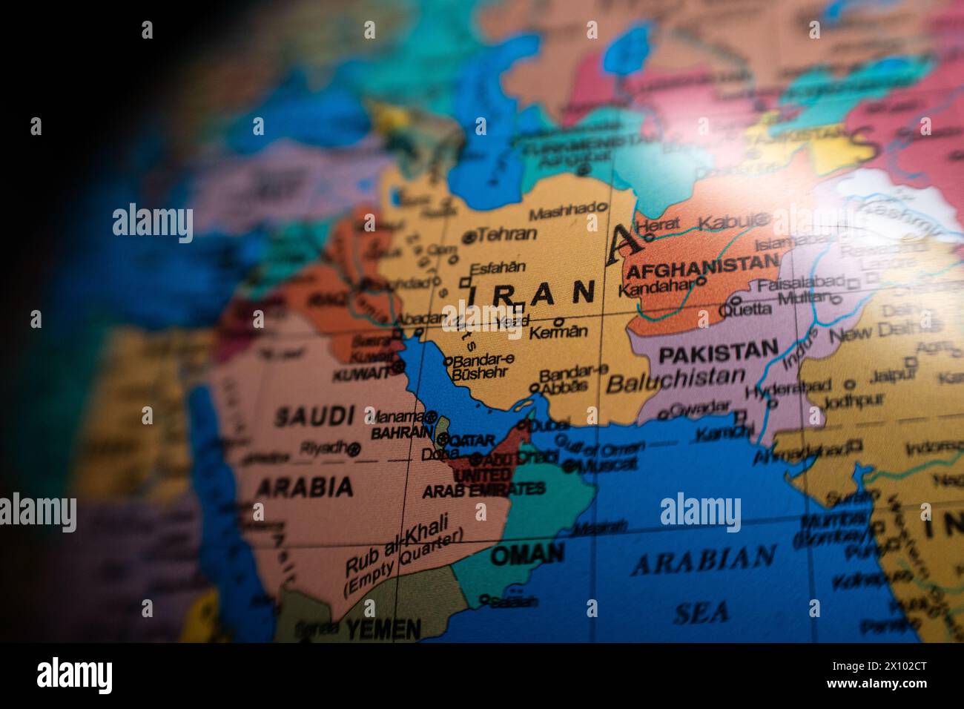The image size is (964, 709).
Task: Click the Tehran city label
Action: pos(506,234)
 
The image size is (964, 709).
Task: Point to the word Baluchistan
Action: pos(675,381)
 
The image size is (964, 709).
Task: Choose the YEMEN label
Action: pos(383,630)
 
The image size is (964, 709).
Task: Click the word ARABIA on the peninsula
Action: pos(304,487)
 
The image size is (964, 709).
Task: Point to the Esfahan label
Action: pos(498,268)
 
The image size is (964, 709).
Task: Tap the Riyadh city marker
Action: pos(354,448)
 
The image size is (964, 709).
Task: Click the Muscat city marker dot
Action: pos(569,466)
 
